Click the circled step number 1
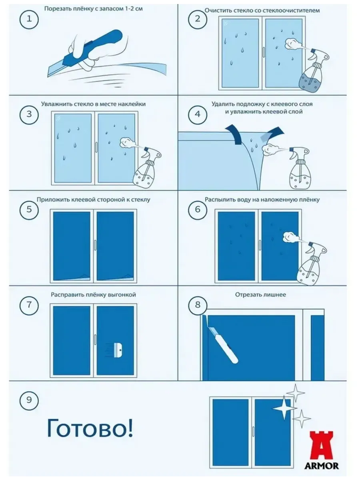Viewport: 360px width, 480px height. [29, 19]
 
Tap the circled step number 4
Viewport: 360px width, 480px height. [198, 114]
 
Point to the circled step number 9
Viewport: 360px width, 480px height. [29, 400]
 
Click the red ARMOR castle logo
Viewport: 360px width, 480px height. [321, 450]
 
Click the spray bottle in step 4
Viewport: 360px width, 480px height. [300, 168]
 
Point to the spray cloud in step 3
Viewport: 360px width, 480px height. [126, 142]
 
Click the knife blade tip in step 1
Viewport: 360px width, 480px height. [48, 77]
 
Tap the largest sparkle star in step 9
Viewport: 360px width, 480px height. [284, 408]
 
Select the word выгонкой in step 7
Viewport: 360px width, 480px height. [122, 295]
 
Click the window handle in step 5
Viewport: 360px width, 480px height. [95, 245]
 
